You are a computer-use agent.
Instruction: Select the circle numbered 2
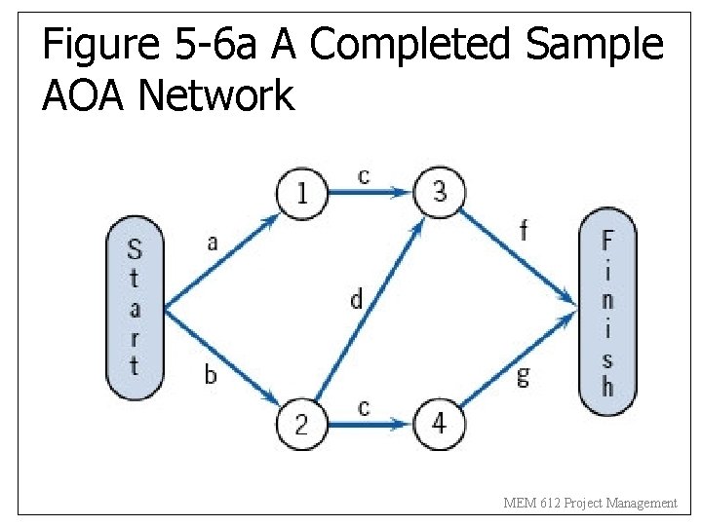click(x=301, y=424)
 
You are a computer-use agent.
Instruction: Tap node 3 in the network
click(x=440, y=192)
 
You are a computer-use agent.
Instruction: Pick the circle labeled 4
click(x=440, y=424)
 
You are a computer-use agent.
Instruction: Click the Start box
click(x=134, y=308)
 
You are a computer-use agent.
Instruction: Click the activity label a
click(x=213, y=243)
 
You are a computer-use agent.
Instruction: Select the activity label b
click(x=211, y=373)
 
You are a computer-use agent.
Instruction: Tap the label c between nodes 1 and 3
click(x=364, y=175)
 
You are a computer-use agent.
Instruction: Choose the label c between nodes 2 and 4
click(x=364, y=406)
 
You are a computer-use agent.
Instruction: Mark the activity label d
click(x=356, y=299)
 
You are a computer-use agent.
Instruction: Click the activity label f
click(x=524, y=231)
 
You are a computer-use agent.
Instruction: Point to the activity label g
click(x=524, y=376)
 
